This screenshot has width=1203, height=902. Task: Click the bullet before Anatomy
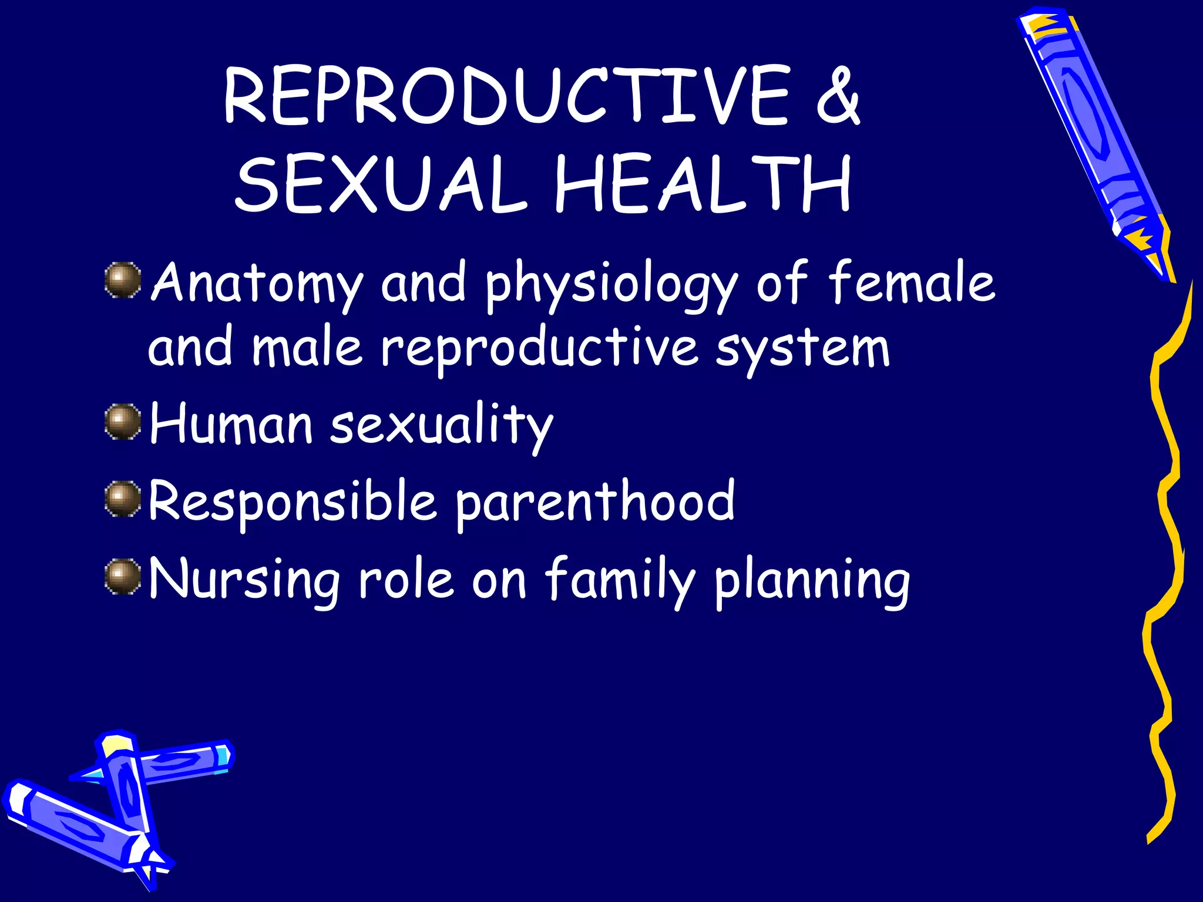point(123,280)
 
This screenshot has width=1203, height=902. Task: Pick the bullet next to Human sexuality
point(123,421)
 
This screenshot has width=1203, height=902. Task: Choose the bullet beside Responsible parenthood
point(123,499)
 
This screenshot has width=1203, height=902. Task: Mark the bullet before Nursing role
point(123,576)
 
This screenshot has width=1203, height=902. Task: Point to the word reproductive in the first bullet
point(539,349)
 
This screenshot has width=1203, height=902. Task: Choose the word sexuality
point(441,424)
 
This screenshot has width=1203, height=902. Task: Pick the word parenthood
point(594,501)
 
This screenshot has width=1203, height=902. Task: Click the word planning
point(812,581)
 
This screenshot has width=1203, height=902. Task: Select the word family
point(620,580)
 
